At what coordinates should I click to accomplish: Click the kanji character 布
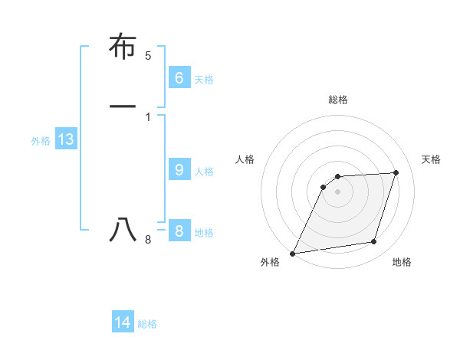tap(123, 47)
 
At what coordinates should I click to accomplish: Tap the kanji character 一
tap(123, 106)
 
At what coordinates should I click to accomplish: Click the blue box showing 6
tap(179, 77)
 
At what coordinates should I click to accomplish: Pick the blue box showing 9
tap(179, 169)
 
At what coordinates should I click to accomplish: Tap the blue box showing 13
tap(65, 139)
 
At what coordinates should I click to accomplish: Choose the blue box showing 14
tap(123, 322)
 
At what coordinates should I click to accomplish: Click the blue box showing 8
tap(179, 231)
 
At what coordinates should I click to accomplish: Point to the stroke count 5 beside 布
tap(148, 56)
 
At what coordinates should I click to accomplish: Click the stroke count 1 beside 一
tap(148, 116)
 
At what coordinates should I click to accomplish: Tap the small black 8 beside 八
tap(148, 241)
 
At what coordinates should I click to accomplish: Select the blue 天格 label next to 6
tap(204, 79)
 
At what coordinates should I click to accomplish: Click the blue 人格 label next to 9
tap(204, 171)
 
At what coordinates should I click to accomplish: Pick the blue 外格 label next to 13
tap(41, 141)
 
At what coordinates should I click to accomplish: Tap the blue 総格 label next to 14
tap(147, 324)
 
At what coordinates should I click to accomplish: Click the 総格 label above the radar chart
tap(338, 100)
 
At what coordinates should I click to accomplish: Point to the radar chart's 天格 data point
tap(396, 172)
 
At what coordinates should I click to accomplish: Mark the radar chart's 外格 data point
tap(293, 254)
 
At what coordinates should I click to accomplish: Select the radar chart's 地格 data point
tap(374, 242)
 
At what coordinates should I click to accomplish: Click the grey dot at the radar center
tap(338, 191)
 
